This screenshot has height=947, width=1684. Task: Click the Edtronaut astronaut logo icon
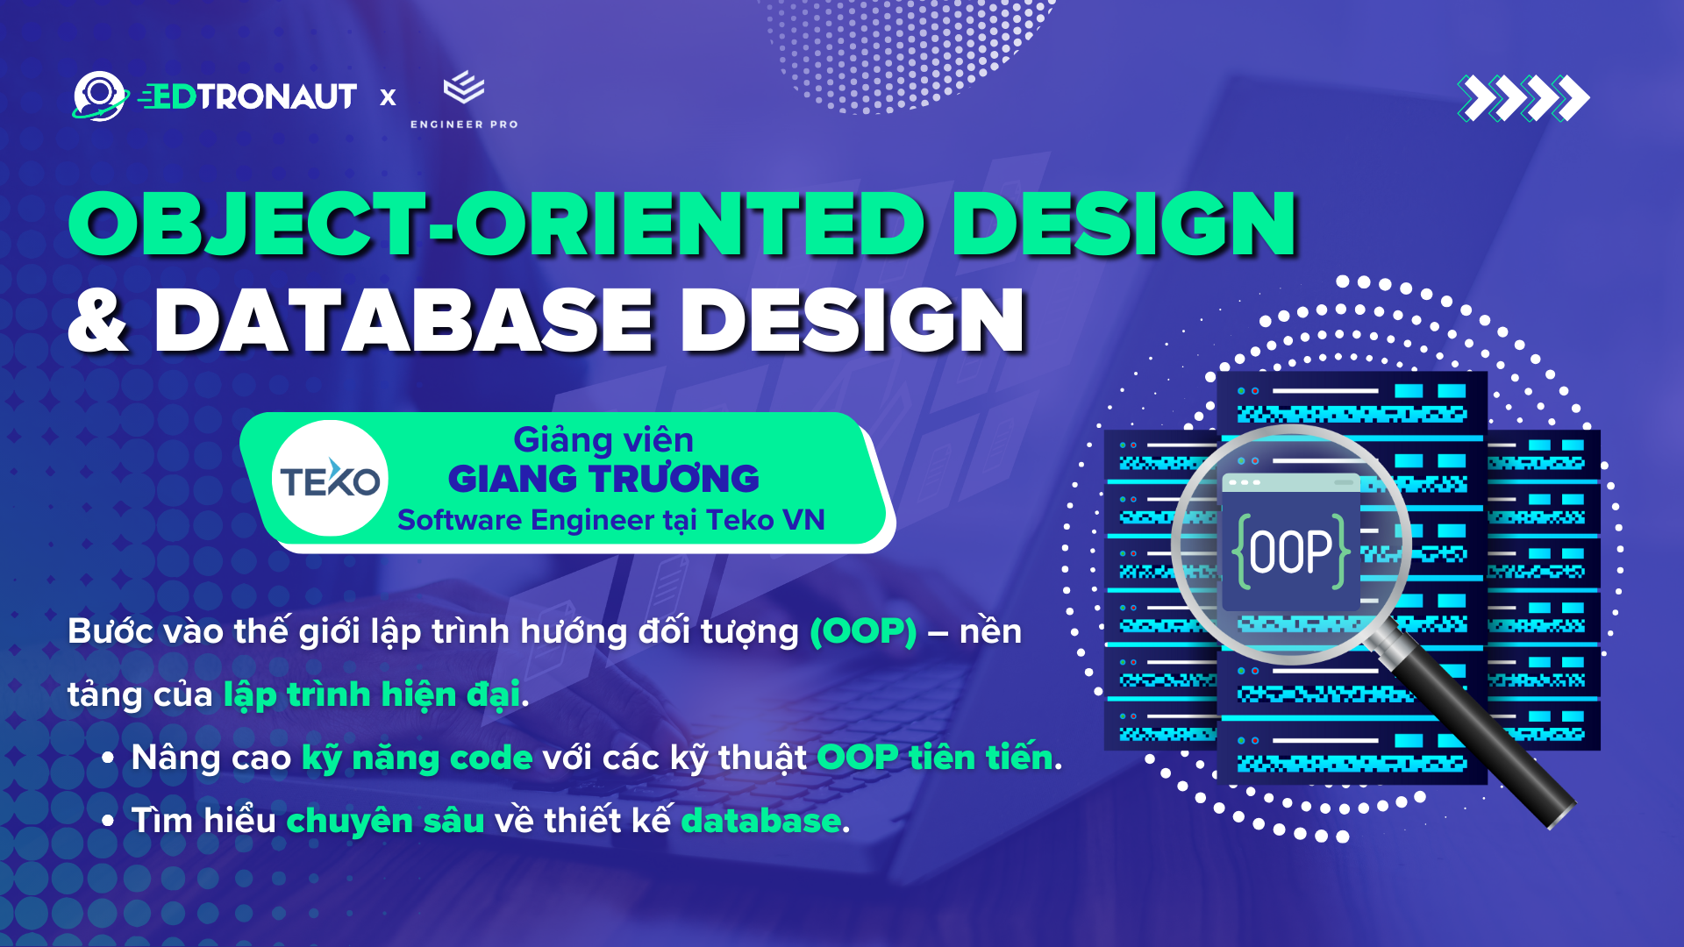point(98,96)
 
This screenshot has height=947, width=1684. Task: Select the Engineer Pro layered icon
point(464,88)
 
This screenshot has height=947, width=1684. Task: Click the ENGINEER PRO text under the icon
point(464,125)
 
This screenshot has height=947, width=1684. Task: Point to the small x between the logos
point(388,97)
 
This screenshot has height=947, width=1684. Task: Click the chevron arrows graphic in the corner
point(1523,97)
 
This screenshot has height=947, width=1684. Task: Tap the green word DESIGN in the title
point(1124,224)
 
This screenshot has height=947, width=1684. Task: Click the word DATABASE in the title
point(403,321)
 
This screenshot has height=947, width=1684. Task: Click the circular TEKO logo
point(330,479)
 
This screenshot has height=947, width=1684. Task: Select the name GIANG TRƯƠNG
point(603,479)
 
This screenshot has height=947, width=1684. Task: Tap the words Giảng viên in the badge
point(603,439)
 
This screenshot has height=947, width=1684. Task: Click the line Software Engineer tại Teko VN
point(610,520)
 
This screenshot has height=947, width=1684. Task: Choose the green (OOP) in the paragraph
point(863,631)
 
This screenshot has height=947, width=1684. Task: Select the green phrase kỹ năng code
point(417,758)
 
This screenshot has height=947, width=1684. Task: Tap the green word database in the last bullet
point(760,822)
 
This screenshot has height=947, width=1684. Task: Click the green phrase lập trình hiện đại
point(372,695)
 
